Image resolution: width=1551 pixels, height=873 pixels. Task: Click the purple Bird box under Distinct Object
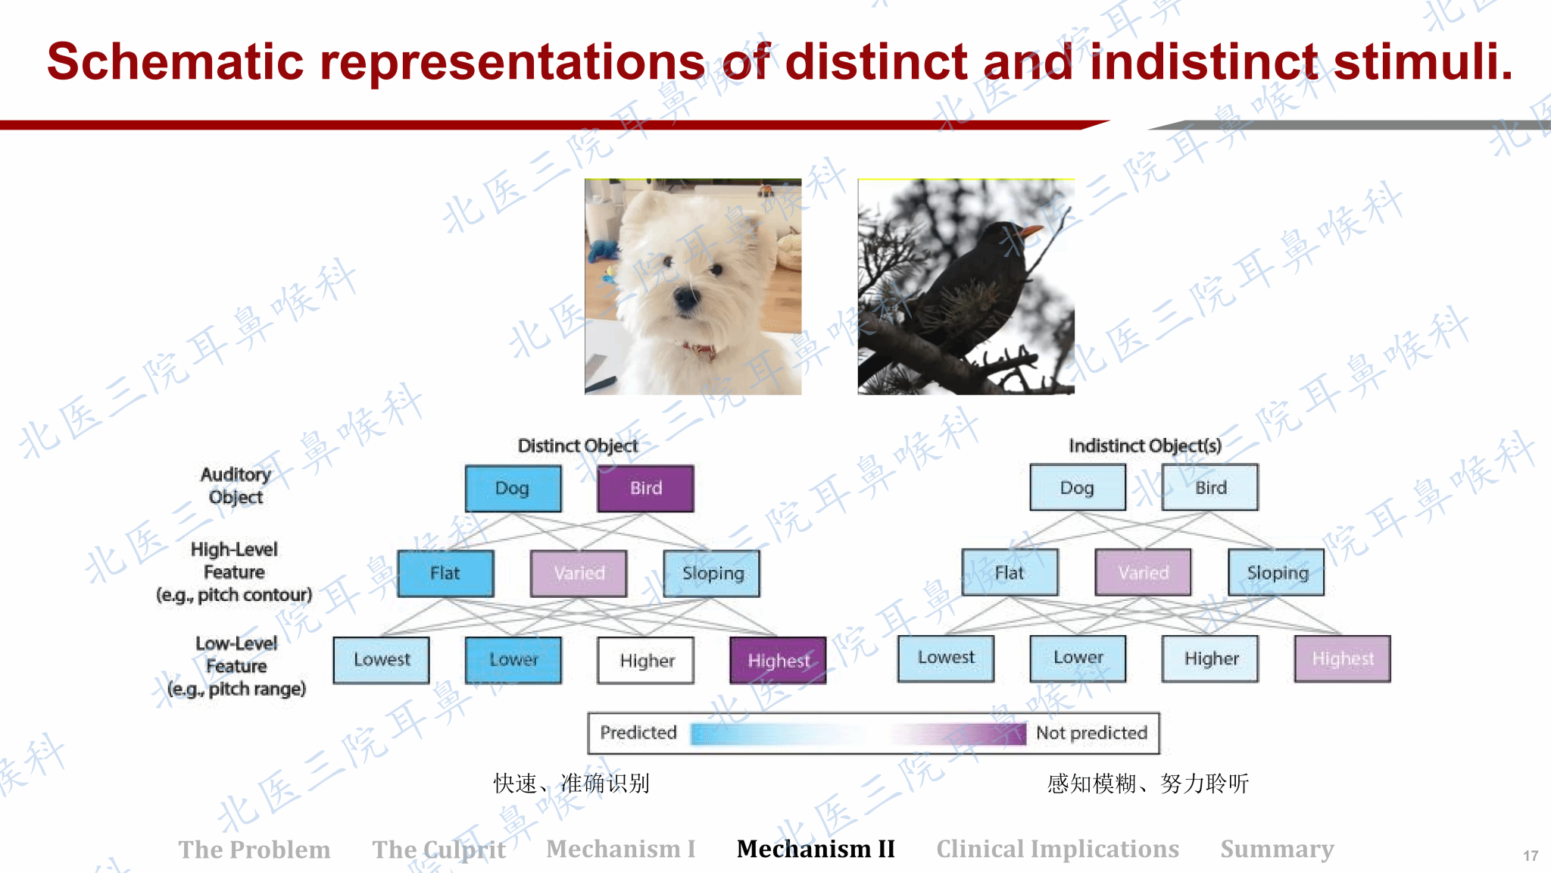point(645,489)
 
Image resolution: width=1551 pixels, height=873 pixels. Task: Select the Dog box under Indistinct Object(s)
point(1077,488)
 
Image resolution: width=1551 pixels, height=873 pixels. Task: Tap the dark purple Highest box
point(778,661)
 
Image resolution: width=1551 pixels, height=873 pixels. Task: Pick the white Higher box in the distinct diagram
point(646,661)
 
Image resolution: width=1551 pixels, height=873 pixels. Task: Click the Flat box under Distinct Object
point(445,574)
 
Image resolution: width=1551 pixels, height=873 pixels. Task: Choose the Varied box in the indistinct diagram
point(1143,572)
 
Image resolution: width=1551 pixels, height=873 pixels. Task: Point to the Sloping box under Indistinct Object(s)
point(1277,572)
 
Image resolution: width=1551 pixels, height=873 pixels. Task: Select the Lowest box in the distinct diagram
point(381,660)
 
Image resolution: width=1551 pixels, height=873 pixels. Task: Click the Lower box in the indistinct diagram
point(1078,658)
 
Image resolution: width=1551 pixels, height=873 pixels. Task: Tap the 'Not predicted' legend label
point(1091,733)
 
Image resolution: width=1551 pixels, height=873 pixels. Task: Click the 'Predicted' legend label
point(638,733)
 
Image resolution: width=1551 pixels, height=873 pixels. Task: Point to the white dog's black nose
point(687,296)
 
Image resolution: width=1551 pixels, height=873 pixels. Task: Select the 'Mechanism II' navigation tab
point(816,849)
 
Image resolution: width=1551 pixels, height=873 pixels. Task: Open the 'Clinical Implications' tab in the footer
point(1057,849)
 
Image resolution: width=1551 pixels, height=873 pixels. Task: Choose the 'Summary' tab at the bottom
point(1277,850)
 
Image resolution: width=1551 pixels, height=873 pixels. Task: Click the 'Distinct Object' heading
point(577,446)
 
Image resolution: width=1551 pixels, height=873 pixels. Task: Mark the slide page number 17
point(1531,856)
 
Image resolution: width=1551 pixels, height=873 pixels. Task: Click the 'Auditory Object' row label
point(236,486)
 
